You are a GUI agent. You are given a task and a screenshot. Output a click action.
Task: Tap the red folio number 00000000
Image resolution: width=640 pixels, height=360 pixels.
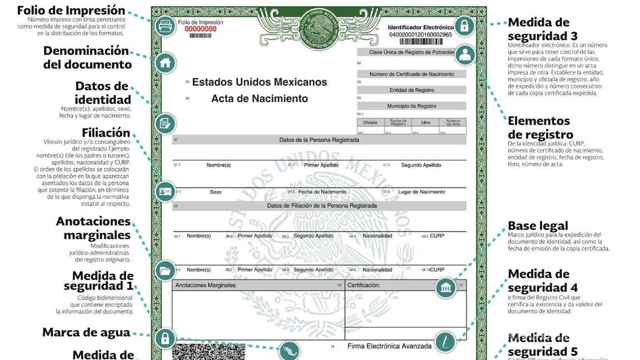coord(201,29)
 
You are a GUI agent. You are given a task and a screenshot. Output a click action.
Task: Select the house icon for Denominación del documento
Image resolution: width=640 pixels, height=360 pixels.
coord(164,63)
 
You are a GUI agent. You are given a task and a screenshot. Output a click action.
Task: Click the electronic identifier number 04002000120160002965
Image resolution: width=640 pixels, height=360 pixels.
coord(421,34)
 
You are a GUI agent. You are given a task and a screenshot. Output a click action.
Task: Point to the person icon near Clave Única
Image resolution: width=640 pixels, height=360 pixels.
coord(464,55)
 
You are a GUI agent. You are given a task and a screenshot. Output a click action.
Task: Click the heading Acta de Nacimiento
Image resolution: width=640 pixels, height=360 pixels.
coord(259,98)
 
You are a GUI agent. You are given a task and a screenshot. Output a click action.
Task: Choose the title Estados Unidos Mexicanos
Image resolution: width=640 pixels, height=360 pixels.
coord(259,82)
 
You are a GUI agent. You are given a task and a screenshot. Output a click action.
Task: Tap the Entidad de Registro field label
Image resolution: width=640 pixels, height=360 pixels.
coord(412,90)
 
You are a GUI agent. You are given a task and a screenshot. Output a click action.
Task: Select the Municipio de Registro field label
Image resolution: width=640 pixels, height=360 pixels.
coord(412,106)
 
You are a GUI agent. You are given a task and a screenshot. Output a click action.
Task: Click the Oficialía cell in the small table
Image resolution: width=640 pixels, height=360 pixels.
coord(370,122)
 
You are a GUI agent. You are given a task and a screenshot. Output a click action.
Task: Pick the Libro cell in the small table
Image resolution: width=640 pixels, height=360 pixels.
coord(426,122)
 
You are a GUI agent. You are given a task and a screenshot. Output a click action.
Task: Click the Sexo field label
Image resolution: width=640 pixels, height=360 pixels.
coord(216,192)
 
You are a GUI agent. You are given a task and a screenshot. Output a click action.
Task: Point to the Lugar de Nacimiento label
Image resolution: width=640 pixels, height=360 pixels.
coord(422,192)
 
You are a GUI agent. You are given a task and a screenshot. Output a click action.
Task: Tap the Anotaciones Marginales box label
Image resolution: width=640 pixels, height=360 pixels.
coord(206,286)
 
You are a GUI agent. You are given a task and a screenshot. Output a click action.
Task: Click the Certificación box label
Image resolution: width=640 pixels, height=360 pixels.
coord(364,286)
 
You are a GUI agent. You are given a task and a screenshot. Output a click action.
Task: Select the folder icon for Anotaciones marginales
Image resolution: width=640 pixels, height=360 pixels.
coord(164,271)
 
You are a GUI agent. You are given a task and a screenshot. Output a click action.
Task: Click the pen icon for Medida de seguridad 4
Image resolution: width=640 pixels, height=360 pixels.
coord(445,342)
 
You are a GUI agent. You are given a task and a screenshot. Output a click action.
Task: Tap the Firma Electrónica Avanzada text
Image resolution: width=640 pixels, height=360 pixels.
coord(389,346)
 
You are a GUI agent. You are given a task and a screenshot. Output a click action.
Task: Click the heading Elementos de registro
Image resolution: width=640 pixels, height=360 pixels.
coord(540,128)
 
